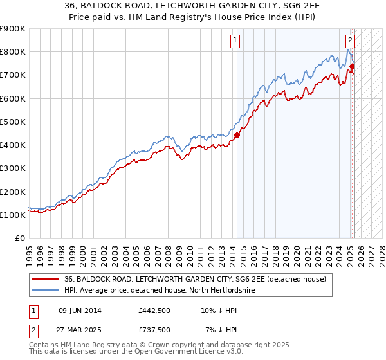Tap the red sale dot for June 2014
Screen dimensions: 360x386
coord(237,135)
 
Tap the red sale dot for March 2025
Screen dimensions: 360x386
coord(353,66)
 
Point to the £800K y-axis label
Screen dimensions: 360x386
coord(13,52)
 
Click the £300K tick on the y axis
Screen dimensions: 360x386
coord(13,168)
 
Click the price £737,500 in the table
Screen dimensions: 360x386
coord(154,329)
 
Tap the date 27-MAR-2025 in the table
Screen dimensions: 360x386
coord(80,329)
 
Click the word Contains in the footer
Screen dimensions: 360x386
coord(46,346)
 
